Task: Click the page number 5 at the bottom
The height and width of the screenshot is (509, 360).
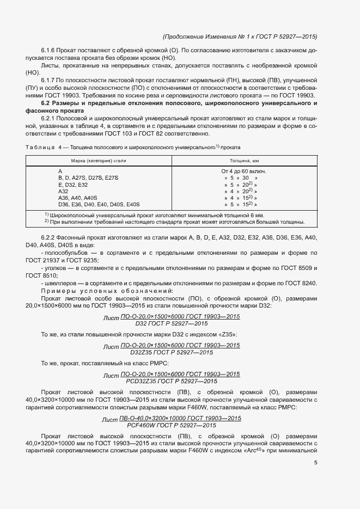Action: pos(316,463)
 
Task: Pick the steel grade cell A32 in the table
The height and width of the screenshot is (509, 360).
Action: pos(64,192)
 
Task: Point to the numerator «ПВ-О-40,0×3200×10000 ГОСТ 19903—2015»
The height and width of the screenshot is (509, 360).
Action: pos(180,418)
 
